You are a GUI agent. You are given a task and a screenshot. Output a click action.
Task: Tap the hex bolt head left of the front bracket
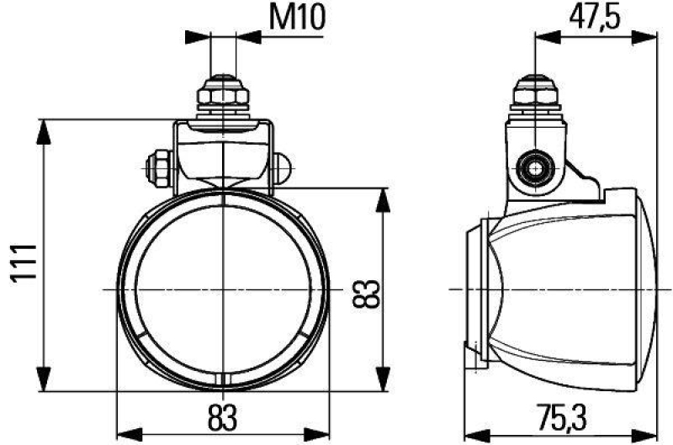[x=158, y=167]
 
